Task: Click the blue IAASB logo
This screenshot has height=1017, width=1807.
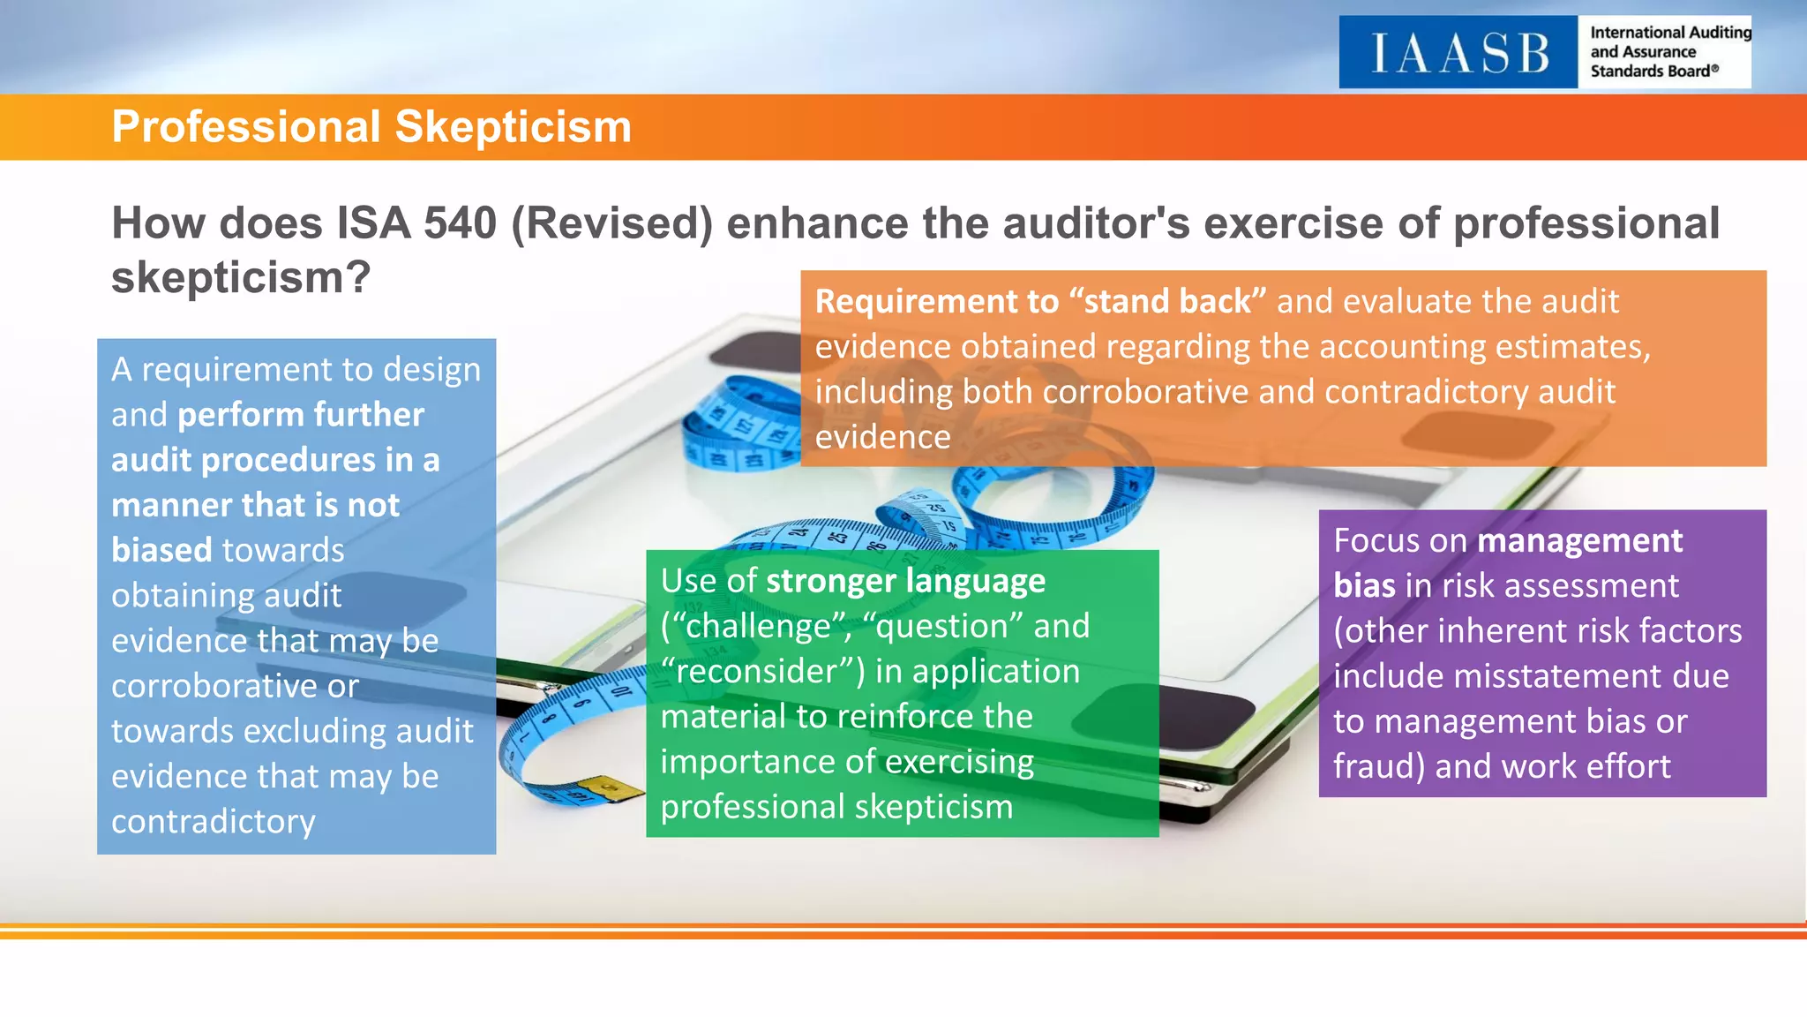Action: (x=1458, y=52)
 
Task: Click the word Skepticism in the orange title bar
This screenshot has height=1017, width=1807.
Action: (x=514, y=127)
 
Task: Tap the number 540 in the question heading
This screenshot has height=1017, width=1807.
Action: (x=460, y=223)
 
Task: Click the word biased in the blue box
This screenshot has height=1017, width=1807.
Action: (x=161, y=551)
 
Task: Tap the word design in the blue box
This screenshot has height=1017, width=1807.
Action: (x=433, y=370)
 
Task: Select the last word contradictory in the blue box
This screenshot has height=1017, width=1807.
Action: (x=213, y=822)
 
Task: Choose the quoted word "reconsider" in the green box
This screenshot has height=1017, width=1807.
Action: (x=762, y=672)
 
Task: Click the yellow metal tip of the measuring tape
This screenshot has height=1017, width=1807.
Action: (x=609, y=786)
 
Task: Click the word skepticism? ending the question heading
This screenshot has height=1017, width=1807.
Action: (x=241, y=278)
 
